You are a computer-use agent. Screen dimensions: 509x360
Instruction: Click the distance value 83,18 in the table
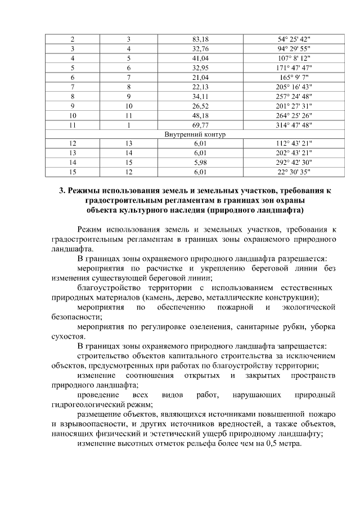(x=200, y=39)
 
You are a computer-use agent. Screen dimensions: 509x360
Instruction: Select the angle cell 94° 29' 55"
(x=294, y=48)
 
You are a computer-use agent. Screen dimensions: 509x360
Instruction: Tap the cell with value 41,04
(x=200, y=58)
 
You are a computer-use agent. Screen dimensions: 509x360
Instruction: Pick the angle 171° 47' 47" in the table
(x=294, y=67)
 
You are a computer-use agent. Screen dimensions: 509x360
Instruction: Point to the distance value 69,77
(x=200, y=125)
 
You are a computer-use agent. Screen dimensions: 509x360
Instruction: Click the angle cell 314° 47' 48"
(x=294, y=125)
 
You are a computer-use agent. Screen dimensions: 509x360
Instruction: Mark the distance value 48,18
(x=200, y=115)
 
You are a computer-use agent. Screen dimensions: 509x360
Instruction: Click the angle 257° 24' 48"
(x=294, y=96)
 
